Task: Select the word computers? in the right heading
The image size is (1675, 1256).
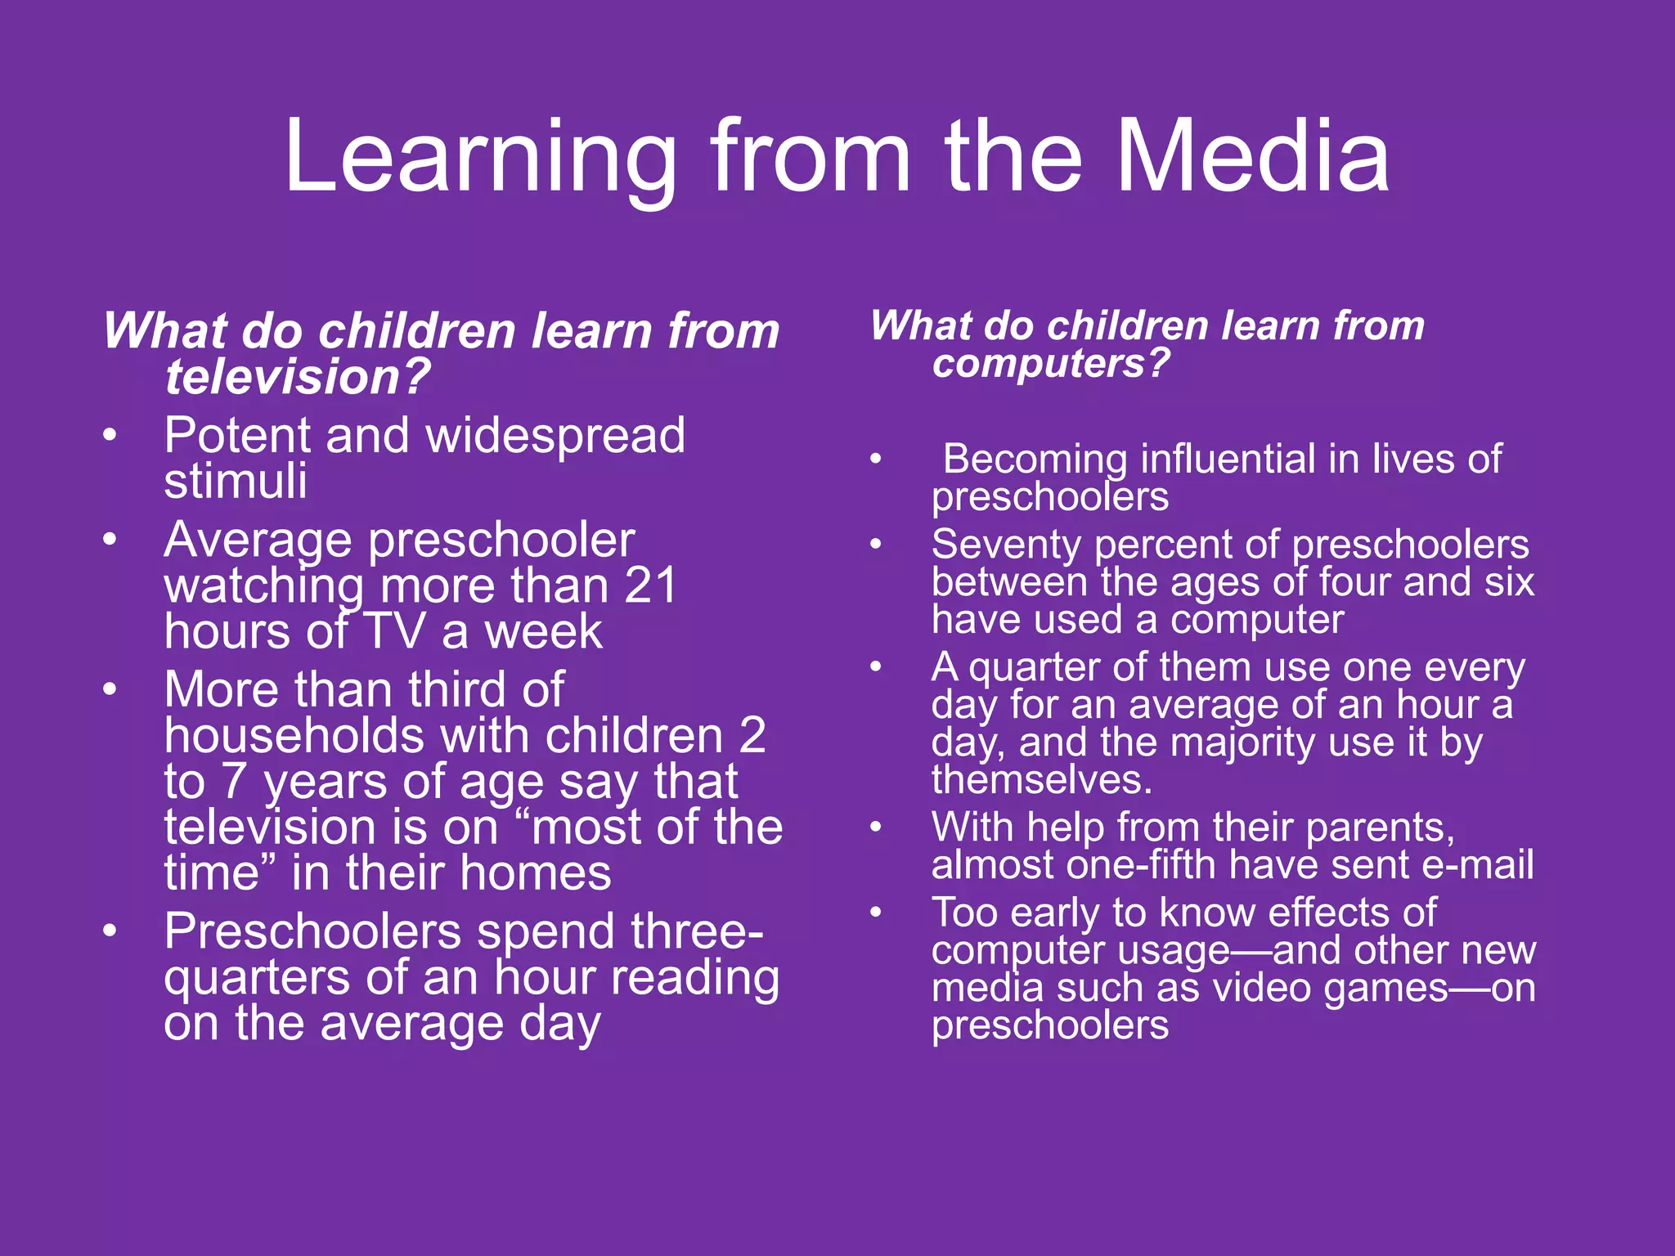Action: [x=1052, y=363]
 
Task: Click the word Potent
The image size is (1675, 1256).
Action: [x=236, y=435]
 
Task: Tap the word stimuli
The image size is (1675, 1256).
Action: [x=236, y=481]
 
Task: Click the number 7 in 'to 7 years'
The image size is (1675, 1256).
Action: [x=234, y=782]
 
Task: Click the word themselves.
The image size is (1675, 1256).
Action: [x=1041, y=780]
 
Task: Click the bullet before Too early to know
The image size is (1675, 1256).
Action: [x=876, y=911]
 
